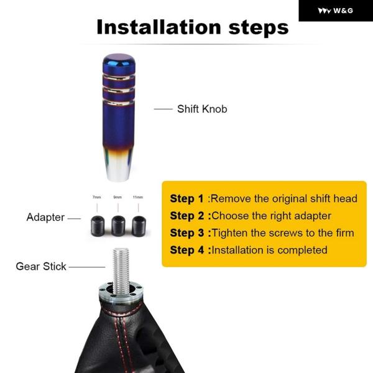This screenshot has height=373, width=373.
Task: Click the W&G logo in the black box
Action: click(x=336, y=11)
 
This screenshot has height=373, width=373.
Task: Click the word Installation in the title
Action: click(x=159, y=27)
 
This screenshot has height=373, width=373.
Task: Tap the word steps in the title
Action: click(x=259, y=28)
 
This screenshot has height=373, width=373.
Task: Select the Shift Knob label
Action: click(x=202, y=109)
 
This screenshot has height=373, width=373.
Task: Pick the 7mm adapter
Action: click(x=98, y=226)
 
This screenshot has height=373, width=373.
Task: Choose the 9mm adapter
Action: click(x=118, y=226)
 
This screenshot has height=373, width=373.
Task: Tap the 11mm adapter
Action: click(x=139, y=226)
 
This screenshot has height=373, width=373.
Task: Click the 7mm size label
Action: click(x=97, y=197)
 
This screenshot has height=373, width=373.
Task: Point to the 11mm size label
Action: click(x=138, y=197)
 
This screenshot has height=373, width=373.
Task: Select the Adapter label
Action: click(x=45, y=218)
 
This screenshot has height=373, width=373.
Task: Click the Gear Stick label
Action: click(x=41, y=267)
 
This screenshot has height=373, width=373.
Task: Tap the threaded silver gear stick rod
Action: click(x=121, y=270)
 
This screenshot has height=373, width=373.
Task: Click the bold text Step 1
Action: click(x=186, y=199)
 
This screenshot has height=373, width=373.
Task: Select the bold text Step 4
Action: click(x=187, y=251)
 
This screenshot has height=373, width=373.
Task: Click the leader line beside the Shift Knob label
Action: click(x=163, y=109)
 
